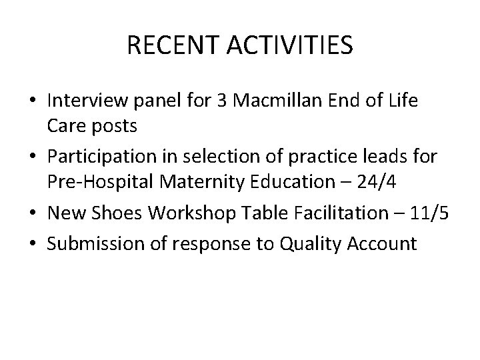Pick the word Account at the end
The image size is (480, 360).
(385, 244)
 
